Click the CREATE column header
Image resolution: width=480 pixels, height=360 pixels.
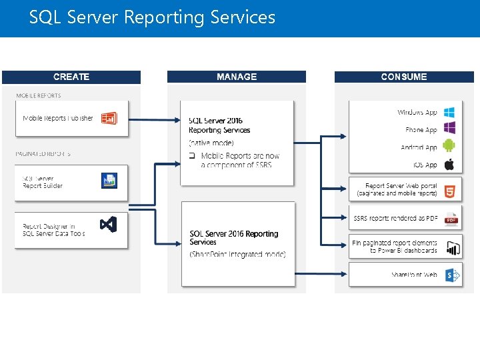click(71, 77)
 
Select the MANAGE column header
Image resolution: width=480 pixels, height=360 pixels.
click(237, 77)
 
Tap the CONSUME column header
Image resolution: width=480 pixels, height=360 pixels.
click(404, 77)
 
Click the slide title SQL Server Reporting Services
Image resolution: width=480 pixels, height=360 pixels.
click(152, 17)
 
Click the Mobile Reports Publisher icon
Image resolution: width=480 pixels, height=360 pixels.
click(109, 119)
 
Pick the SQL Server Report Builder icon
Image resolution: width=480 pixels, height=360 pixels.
click(109, 181)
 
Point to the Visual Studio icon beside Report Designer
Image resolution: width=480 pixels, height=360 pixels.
click(109, 225)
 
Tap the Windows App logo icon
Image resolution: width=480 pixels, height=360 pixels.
click(450, 113)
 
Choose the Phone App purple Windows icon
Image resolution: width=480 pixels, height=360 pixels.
click(450, 129)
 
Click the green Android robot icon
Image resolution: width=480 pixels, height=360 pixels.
click(450, 146)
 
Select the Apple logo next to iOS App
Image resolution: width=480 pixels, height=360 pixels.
click(450, 164)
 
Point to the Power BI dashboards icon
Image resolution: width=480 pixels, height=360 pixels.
click(453, 248)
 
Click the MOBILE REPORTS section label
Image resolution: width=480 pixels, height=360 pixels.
click(39, 95)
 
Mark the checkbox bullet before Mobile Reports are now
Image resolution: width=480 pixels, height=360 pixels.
click(191, 156)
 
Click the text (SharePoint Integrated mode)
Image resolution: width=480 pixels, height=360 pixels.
click(237, 254)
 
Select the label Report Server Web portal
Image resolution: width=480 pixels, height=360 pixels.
click(401, 186)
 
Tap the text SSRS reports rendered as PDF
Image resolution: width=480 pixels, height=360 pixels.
click(395, 218)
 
